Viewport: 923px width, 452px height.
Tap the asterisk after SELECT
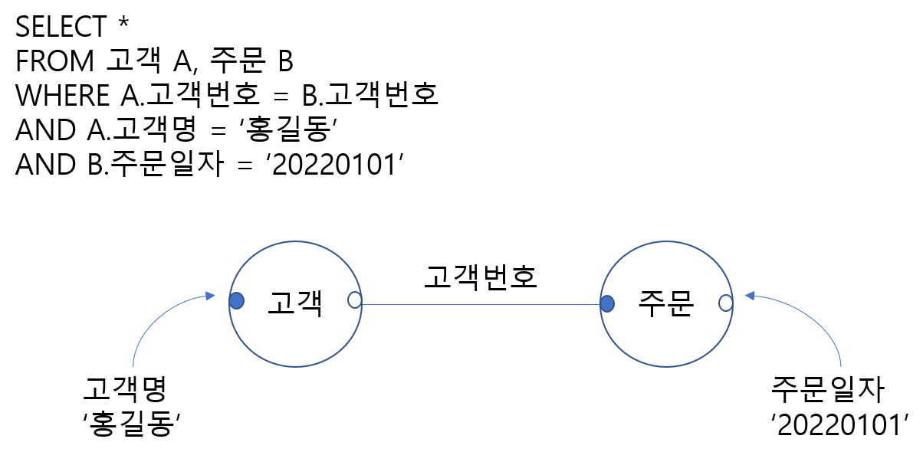123,23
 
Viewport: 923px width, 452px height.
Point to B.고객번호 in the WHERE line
373,95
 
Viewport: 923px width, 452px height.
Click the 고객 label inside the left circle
294,304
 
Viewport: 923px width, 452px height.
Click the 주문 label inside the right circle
665,304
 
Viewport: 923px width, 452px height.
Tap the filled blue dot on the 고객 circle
237,300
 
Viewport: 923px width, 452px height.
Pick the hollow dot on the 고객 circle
354,300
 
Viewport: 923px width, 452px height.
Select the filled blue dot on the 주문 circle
607,304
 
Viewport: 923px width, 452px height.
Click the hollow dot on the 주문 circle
725,303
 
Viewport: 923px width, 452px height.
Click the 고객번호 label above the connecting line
481,277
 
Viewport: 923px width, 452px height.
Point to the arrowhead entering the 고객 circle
210,295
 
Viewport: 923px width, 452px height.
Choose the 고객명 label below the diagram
125,391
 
